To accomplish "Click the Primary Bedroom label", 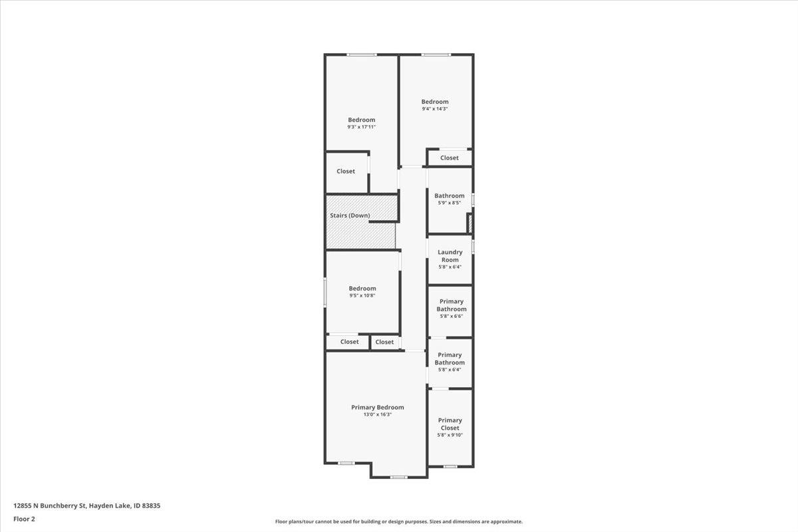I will [377, 407].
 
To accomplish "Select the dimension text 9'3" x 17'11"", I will [361, 127].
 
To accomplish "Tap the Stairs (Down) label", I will [350, 215].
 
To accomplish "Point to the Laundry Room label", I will [450, 256].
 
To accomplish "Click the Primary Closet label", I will [450, 424].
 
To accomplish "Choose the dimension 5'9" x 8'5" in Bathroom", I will [450, 203].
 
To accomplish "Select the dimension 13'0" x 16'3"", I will [377, 414].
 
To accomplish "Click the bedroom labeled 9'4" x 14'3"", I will [435, 102].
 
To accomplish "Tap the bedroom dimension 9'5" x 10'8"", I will [362, 296].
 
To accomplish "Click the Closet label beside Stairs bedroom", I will [345, 171].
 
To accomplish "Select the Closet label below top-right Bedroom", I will [450, 158].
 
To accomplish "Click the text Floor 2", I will [24, 518].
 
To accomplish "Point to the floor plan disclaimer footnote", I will [399, 522].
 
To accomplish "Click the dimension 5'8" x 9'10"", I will [450, 435].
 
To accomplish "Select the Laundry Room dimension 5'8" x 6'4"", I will [450, 267].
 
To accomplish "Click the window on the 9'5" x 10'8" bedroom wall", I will [325, 292].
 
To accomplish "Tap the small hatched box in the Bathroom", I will [470, 223].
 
